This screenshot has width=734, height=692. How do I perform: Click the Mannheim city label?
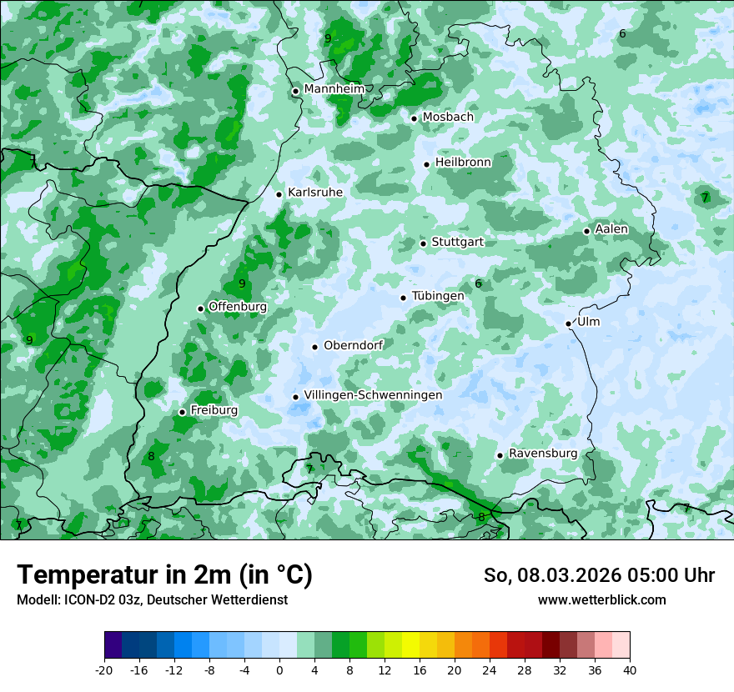click(334, 88)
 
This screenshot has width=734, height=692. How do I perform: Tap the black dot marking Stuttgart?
click(423, 243)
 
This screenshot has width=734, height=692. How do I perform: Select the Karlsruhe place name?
click(314, 193)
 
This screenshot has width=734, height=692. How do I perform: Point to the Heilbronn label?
click(463, 162)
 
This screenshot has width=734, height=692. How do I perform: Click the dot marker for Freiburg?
click(182, 412)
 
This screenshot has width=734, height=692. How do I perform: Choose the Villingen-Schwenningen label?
click(373, 395)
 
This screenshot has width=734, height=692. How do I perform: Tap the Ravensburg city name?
click(542, 454)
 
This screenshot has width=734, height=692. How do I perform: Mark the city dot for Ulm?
click(568, 323)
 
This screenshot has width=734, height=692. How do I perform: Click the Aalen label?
click(611, 229)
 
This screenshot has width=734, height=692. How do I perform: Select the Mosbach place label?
click(447, 117)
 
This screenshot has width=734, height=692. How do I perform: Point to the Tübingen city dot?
click(403, 298)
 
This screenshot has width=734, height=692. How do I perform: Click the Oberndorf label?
click(353, 345)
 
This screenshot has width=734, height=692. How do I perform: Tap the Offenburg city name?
click(237, 307)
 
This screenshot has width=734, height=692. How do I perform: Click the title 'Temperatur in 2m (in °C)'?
click(164, 575)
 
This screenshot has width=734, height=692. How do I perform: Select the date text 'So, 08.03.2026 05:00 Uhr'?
click(599, 575)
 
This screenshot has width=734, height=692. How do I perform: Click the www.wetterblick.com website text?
click(601, 600)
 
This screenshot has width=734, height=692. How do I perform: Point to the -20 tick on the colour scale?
click(104, 669)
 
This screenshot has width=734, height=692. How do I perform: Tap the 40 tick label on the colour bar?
click(629, 669)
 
